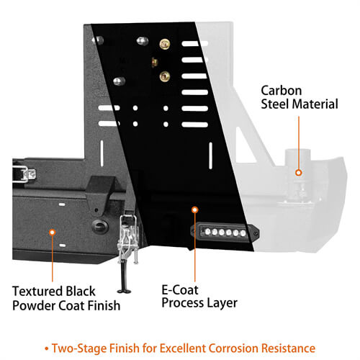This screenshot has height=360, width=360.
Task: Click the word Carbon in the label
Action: (x=282, y=91)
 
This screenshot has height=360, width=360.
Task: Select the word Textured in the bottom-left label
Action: (x=38, y=291)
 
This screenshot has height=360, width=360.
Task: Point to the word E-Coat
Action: (x=180, y=290)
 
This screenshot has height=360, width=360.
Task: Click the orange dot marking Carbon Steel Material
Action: (x=299, y=172)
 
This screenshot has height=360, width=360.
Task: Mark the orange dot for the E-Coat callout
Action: (x=195, y=210)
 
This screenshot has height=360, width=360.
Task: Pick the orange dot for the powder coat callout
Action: (x=53, y=233)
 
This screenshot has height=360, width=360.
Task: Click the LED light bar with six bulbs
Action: (x=225, y=232)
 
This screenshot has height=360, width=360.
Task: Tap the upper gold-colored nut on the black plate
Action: (x=165, y=44)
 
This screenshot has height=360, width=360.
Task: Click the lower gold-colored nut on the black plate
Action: (x=165, y=76)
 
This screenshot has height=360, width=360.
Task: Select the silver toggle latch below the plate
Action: (x=128, y=236)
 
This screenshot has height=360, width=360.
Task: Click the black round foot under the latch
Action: (x=125, y=291)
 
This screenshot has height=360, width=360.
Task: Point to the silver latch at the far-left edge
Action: (x=24, y=174)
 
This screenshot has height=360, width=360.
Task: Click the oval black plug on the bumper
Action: (x=100, y=226)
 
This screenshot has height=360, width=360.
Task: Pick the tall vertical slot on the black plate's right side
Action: (x=210, y=156)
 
